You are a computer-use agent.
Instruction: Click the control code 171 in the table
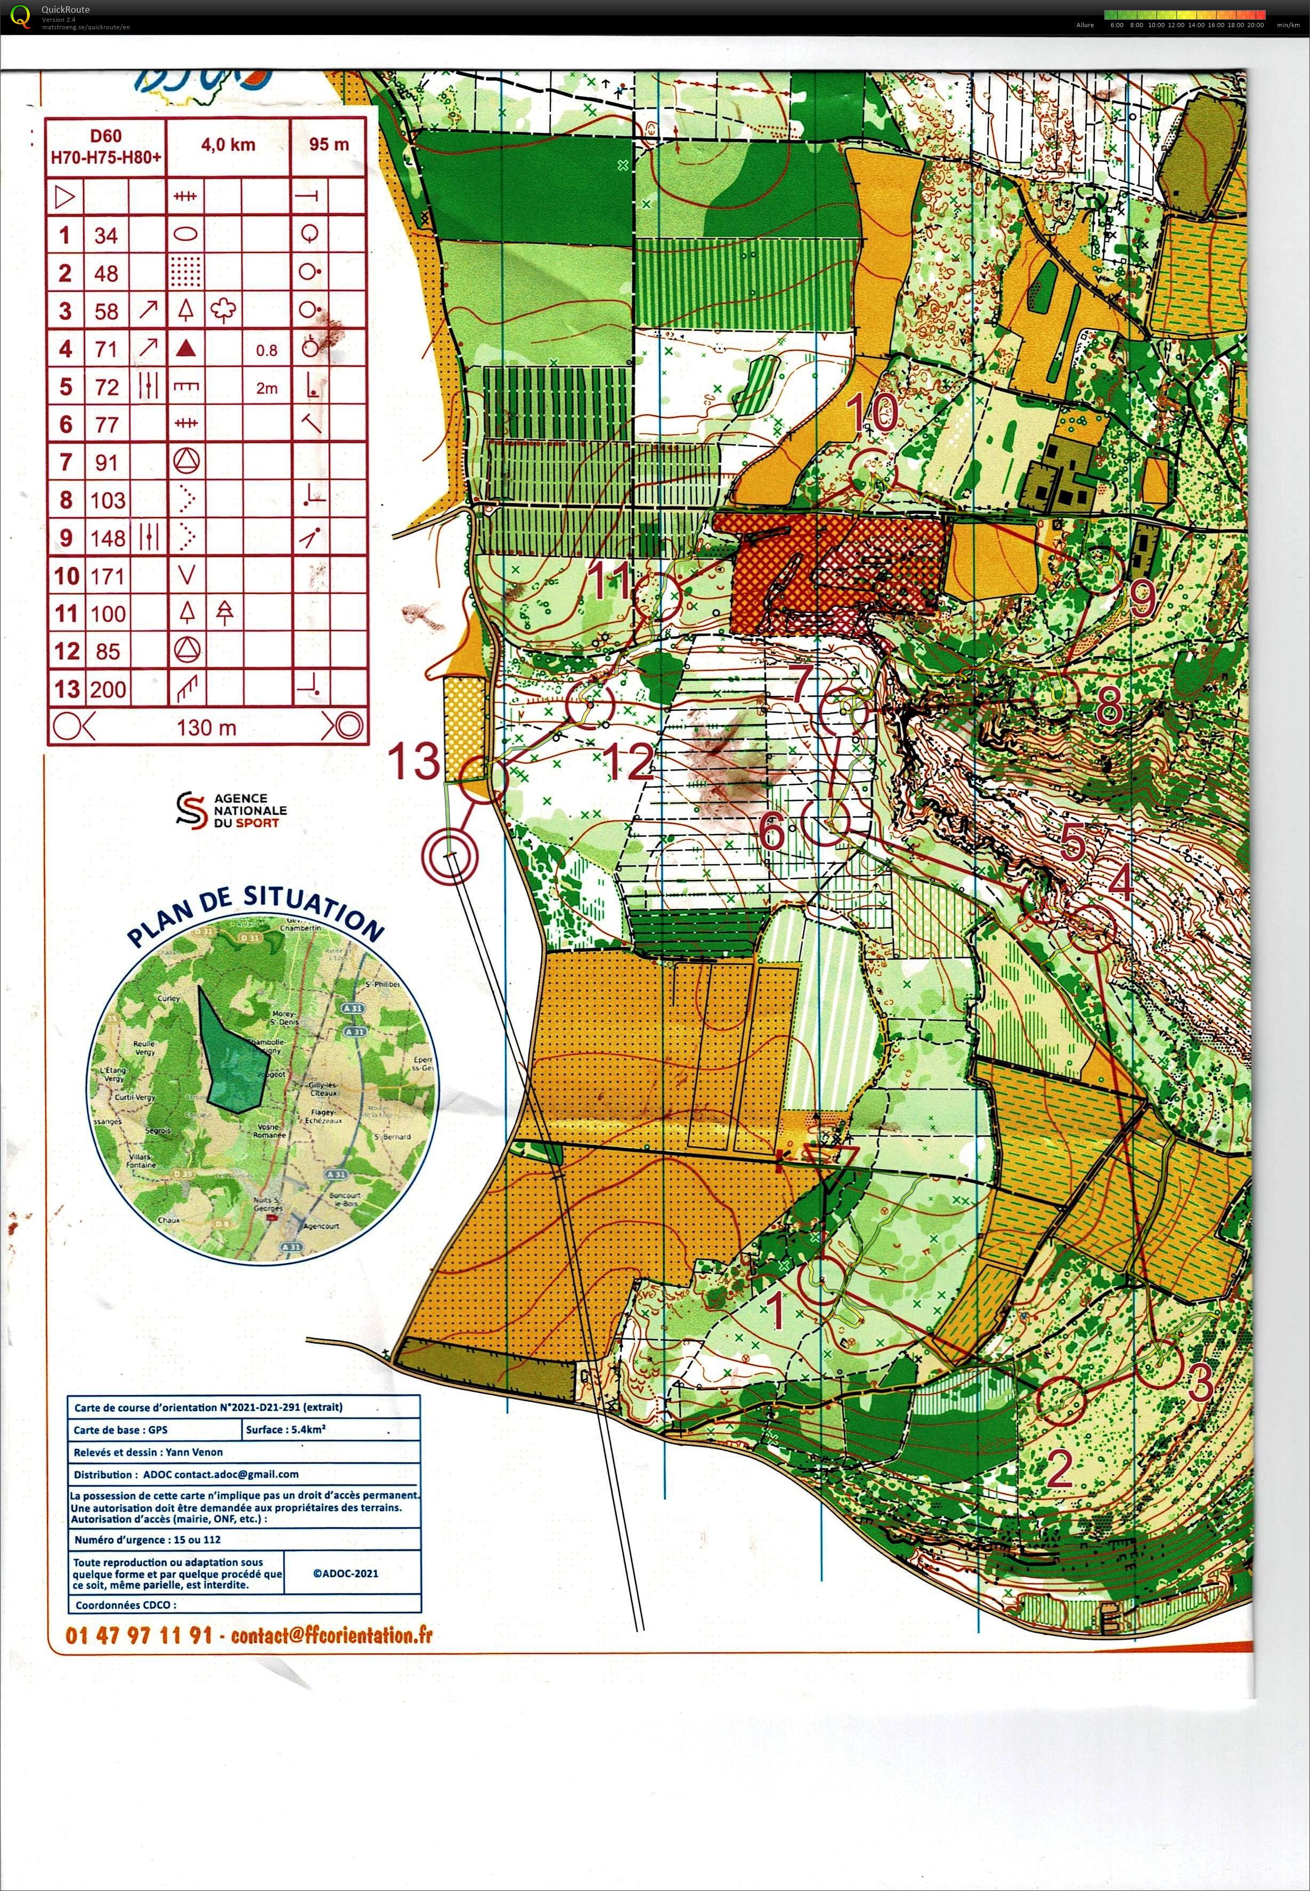106,576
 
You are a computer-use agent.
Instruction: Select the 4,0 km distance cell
227,145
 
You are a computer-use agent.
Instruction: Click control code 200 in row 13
108,689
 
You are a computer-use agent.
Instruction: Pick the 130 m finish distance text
206,727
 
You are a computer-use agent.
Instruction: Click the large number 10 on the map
874,413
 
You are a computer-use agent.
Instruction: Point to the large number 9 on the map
1142,600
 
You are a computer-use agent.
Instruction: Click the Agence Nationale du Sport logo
231,810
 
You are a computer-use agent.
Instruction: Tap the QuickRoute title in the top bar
66,10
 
